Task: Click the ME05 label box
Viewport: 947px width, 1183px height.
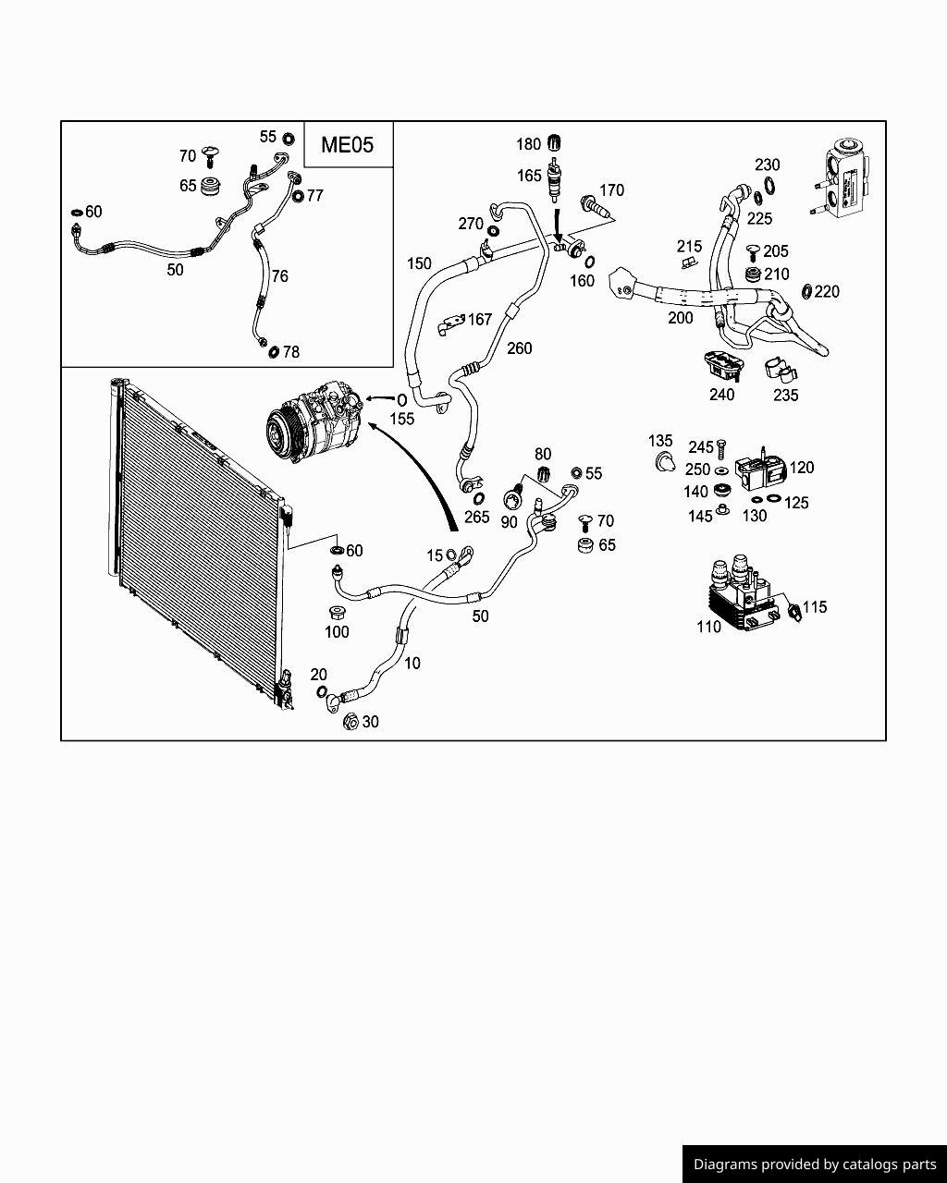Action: coord(348,145)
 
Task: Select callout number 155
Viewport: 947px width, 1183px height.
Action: coord(401,419)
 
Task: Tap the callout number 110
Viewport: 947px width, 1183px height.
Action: coord(708,627)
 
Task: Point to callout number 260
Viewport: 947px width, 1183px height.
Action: coord(520,348)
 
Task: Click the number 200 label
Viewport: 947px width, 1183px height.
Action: coord(681,318)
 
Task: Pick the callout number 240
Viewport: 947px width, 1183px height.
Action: coord(721,395)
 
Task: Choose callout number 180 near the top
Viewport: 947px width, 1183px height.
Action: coord(528,144)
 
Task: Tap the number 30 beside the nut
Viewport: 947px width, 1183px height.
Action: coord(370,722)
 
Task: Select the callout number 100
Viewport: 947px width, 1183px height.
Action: coord(337,632)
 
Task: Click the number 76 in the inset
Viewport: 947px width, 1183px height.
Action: coord(279,275)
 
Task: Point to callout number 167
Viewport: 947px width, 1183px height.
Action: coord(480,320)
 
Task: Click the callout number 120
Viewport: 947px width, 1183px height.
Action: coord(802,468)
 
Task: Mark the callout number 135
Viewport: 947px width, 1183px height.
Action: coord(660,441)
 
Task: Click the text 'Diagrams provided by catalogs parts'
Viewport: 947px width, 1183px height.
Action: coord(815,1165)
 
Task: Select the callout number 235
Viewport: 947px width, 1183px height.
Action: coord(785,395)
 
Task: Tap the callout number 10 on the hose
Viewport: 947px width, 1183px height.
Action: coord(412,663)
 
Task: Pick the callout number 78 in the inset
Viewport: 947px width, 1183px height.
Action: coord(290,352)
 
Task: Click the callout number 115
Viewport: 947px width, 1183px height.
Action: coord(815,607)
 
